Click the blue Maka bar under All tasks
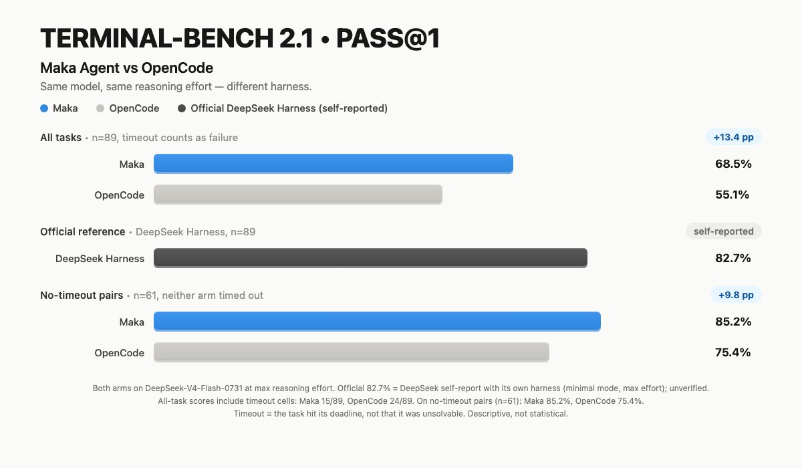333,164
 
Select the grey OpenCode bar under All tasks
298,195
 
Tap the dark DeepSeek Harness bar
370,258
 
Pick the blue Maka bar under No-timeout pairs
377,321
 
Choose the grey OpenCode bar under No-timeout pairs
352,352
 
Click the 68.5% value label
733,164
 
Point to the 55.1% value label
732,195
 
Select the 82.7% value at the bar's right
733,258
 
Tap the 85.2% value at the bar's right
733,322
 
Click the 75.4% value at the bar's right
733,352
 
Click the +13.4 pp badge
733,137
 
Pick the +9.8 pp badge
736,295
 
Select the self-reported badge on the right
724,231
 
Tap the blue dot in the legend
44,108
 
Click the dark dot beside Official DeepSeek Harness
182,108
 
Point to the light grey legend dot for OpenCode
100,108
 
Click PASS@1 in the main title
388,38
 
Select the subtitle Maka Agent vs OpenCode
127,68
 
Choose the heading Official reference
83,232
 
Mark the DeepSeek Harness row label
100,259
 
